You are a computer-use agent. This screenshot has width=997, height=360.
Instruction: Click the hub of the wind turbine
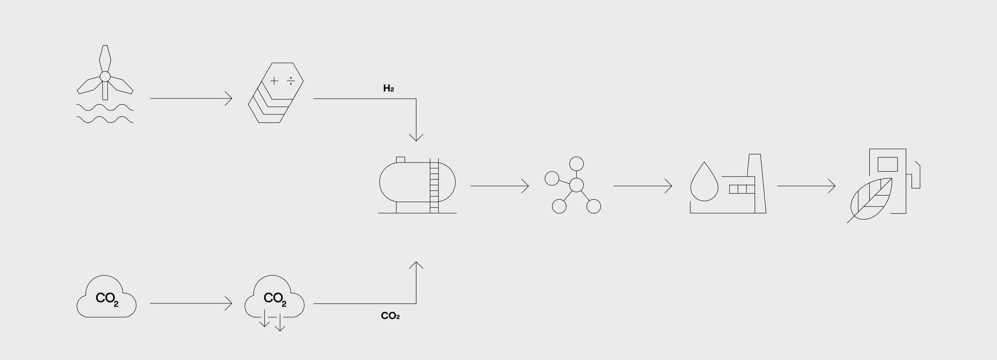tap(105, 77)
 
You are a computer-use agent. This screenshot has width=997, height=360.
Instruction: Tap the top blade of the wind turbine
tap(105, 58)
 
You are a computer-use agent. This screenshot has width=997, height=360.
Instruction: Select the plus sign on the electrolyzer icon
tap(274, 81)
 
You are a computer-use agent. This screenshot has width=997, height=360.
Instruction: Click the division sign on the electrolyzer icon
tap(291, 81)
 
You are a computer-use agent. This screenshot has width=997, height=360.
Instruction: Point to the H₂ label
tap(388, 89)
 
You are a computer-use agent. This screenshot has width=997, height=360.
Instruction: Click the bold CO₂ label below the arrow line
tap(390, 316)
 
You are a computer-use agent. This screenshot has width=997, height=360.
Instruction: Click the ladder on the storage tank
tap(434, 185)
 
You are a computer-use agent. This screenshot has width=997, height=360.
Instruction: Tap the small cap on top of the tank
tap(400, 160)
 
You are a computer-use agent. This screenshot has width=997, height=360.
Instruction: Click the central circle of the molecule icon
tap(576, 185)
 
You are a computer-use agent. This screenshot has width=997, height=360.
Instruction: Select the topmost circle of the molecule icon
tap(576, 164)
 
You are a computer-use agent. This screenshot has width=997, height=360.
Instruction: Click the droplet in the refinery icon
tap(704, 183)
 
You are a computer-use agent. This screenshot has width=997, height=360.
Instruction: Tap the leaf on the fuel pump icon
tap(871, 199)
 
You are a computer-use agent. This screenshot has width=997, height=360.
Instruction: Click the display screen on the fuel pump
tap(888, 164)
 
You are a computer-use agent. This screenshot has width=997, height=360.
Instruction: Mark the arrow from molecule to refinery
tap(642, 186)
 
